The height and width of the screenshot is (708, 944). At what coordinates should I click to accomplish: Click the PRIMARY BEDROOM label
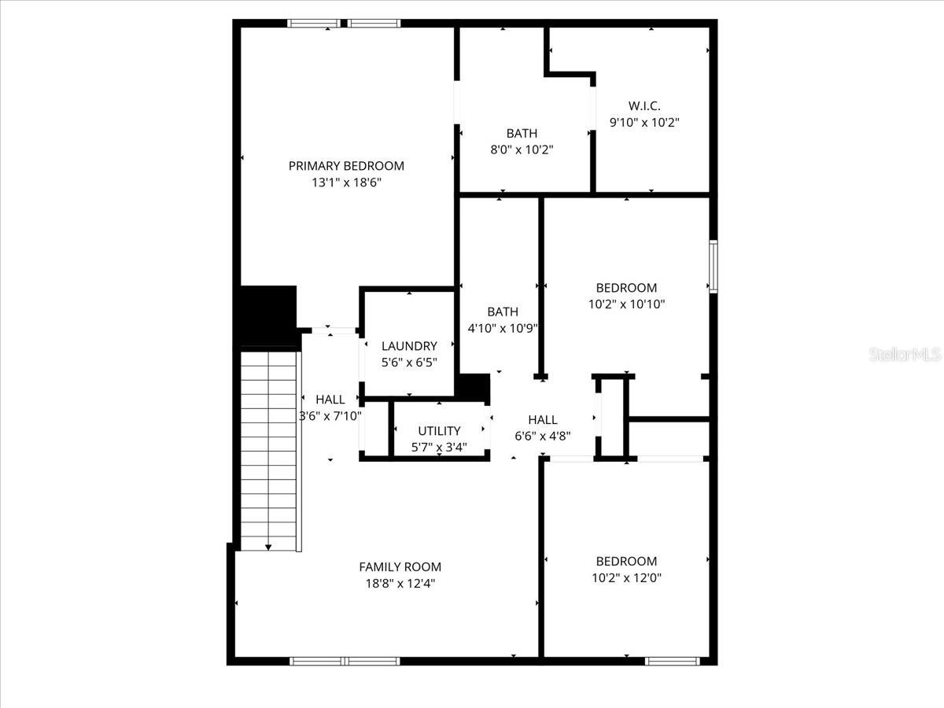pos(346,166)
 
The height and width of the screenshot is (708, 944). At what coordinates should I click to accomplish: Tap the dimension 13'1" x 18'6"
pos(346,183)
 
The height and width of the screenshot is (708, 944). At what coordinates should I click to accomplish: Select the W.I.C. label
pos(643,106)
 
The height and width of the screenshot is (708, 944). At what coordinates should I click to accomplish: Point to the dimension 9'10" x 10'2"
pos(643,123)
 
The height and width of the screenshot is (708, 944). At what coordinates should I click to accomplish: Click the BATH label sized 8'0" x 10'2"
pos(522,134)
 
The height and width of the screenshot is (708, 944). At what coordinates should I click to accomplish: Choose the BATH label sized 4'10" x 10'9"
pos(503,312)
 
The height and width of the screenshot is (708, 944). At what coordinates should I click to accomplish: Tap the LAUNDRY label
pos(409,346)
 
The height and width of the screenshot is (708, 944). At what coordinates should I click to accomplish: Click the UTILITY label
pos(439,431)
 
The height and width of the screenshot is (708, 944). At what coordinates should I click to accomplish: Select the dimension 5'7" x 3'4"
pos(439,448)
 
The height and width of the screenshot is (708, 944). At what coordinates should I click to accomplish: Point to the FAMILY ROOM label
pos(400,567)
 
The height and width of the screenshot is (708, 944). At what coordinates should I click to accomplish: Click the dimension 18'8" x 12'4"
pos(400,584)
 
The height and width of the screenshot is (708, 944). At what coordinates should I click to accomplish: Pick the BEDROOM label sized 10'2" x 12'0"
pos(626,562)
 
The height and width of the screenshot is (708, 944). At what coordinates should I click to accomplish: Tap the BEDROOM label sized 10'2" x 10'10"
pos(626,288)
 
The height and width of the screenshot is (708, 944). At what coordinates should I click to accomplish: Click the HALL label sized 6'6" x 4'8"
pos(543,420)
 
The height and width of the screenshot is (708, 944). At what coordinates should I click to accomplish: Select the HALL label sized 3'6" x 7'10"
pos(330,400)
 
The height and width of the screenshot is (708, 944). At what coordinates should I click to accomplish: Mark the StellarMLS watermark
pos(904,356)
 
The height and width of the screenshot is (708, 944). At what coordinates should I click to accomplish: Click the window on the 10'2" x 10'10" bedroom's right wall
pos(713,267)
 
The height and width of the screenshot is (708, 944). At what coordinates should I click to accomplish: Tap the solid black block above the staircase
pos(267,316)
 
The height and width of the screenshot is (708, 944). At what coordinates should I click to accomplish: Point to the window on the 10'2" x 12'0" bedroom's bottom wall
pos(673,661)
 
